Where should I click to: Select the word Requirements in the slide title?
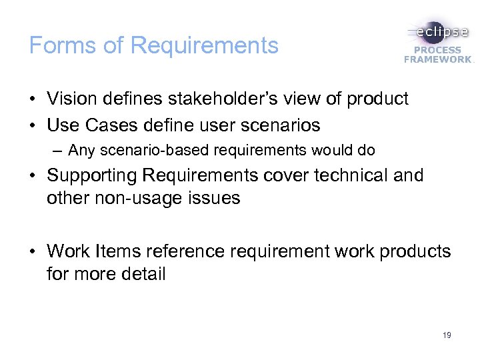204,45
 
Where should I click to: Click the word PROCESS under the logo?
439,50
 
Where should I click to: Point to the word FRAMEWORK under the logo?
437,59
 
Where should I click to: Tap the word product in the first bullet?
375,99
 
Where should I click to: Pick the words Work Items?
91,251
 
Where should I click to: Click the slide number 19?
446,335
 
